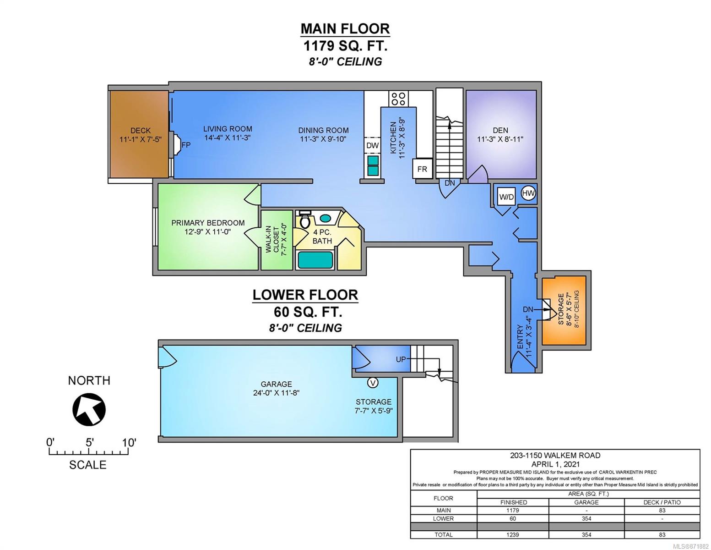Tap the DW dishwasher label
click(x=372, y=145)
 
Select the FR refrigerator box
click(x=422, y=169)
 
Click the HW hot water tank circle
click(x=528, y=193)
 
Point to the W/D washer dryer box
click(x=506, y=197)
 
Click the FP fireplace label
click(x=186, y=144)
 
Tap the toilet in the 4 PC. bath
click(x=304, y=220)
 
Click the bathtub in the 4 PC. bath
click(x=315, y=260)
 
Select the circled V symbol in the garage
click(x=372, y=382)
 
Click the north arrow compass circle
click(x=89, y=409)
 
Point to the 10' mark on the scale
click(x=129, y=443)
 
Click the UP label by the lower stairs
click(x=401, y=359)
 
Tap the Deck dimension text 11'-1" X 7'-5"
click(x=141, y=139)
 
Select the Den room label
click(x=500, y=130)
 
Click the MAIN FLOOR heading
click(x=345, y=29)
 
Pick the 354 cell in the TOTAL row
click(x=586, y=534)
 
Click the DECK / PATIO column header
click(x=662, y=502)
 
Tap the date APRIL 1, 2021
click(x=556, y=464)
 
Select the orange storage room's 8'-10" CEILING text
click(x=576, y=309)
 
